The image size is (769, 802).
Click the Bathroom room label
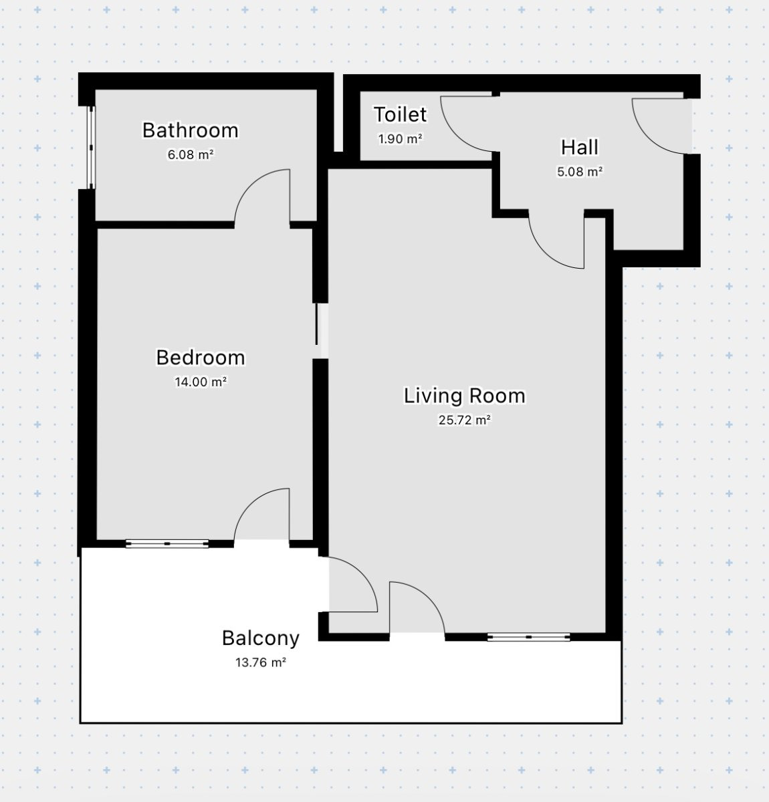coord(191,130)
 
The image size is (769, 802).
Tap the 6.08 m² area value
coord(191,154)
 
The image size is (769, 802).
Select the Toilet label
coord(400,114)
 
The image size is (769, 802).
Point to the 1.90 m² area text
coord(400,139)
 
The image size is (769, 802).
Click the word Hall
coord(580,147)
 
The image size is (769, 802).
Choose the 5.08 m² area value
coord(580,172)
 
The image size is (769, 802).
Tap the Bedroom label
coord(201,358)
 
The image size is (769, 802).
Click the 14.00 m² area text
coord(201,382)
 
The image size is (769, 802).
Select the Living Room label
coord(465,396)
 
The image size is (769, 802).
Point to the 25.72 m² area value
coord(465,420)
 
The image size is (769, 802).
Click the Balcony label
coord(261,638)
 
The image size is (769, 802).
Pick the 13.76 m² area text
coord(261,662)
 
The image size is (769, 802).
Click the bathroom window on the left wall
coord(91,148)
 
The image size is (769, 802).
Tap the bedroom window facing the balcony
coord(167,543)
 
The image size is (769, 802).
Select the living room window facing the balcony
coord(529,637)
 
